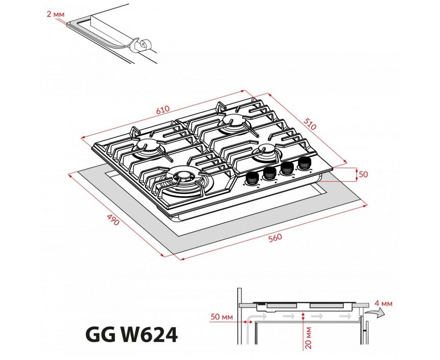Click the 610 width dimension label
coord(163,110)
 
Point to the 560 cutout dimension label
coord(275,238)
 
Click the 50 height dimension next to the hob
coord(363,174)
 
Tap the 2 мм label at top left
coord(56,14)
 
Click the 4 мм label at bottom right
coord(383,303)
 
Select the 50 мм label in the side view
coord(221,317)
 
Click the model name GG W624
coord(131,335)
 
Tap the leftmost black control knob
coord(252,179)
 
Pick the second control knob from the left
coord(270,173)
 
